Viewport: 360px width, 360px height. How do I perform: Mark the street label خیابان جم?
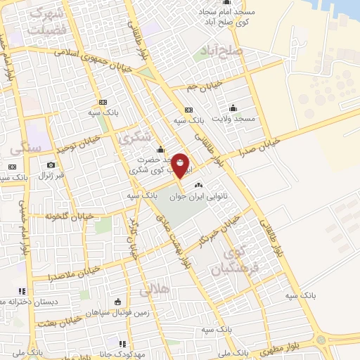[205, 86]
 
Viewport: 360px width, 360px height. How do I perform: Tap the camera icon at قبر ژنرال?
[51, 165]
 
